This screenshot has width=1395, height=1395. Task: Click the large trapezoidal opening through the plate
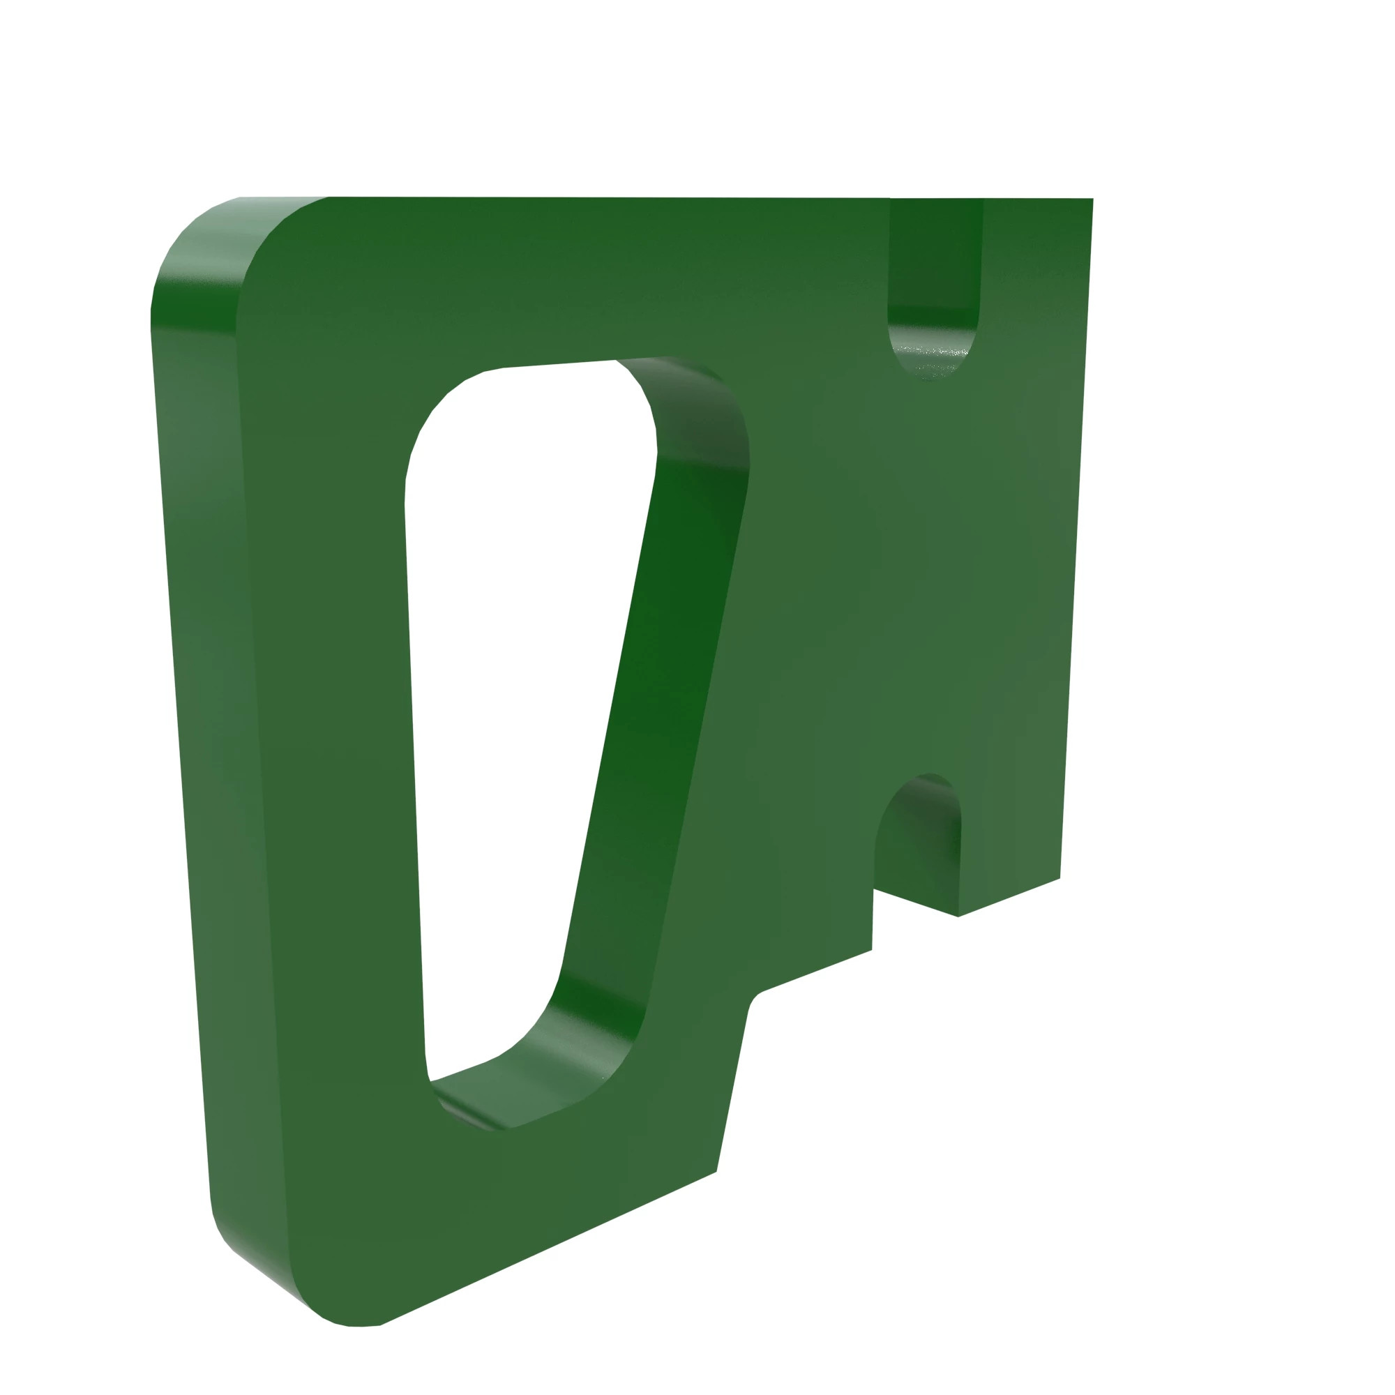(x=520, y=722)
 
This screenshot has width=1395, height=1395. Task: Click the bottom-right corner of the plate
(x=1060, y=878)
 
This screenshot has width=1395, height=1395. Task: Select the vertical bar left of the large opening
(x=332, y=722)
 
